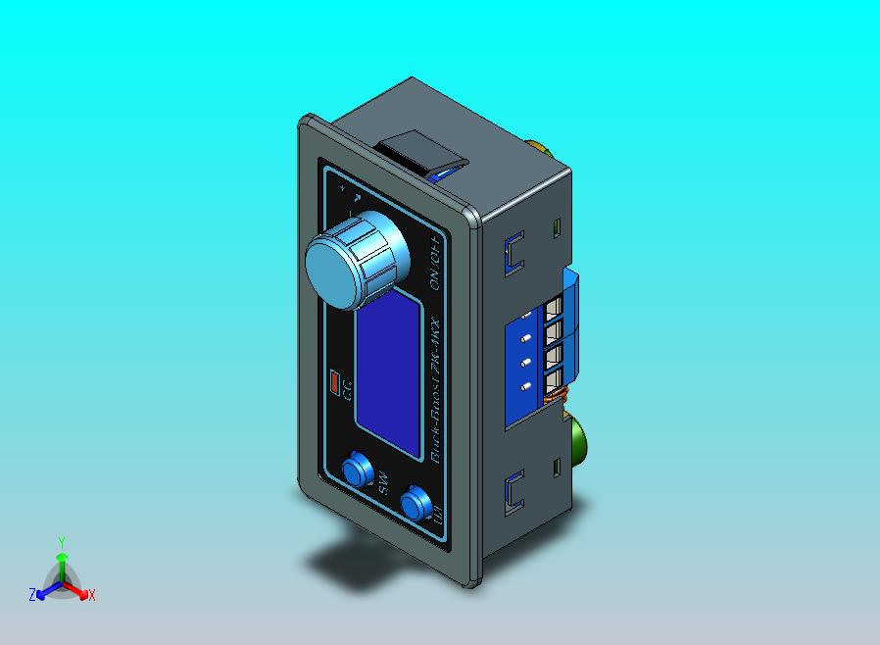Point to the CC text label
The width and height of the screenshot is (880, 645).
pyautogui.click(x=347, y=392)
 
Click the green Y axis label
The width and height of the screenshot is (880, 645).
pyautogui.click(x=61, y=542)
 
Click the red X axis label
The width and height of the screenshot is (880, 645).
pyautogui.click(x=92, y=595)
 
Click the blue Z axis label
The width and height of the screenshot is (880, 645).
pyautogui.click(x=32, y=594)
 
